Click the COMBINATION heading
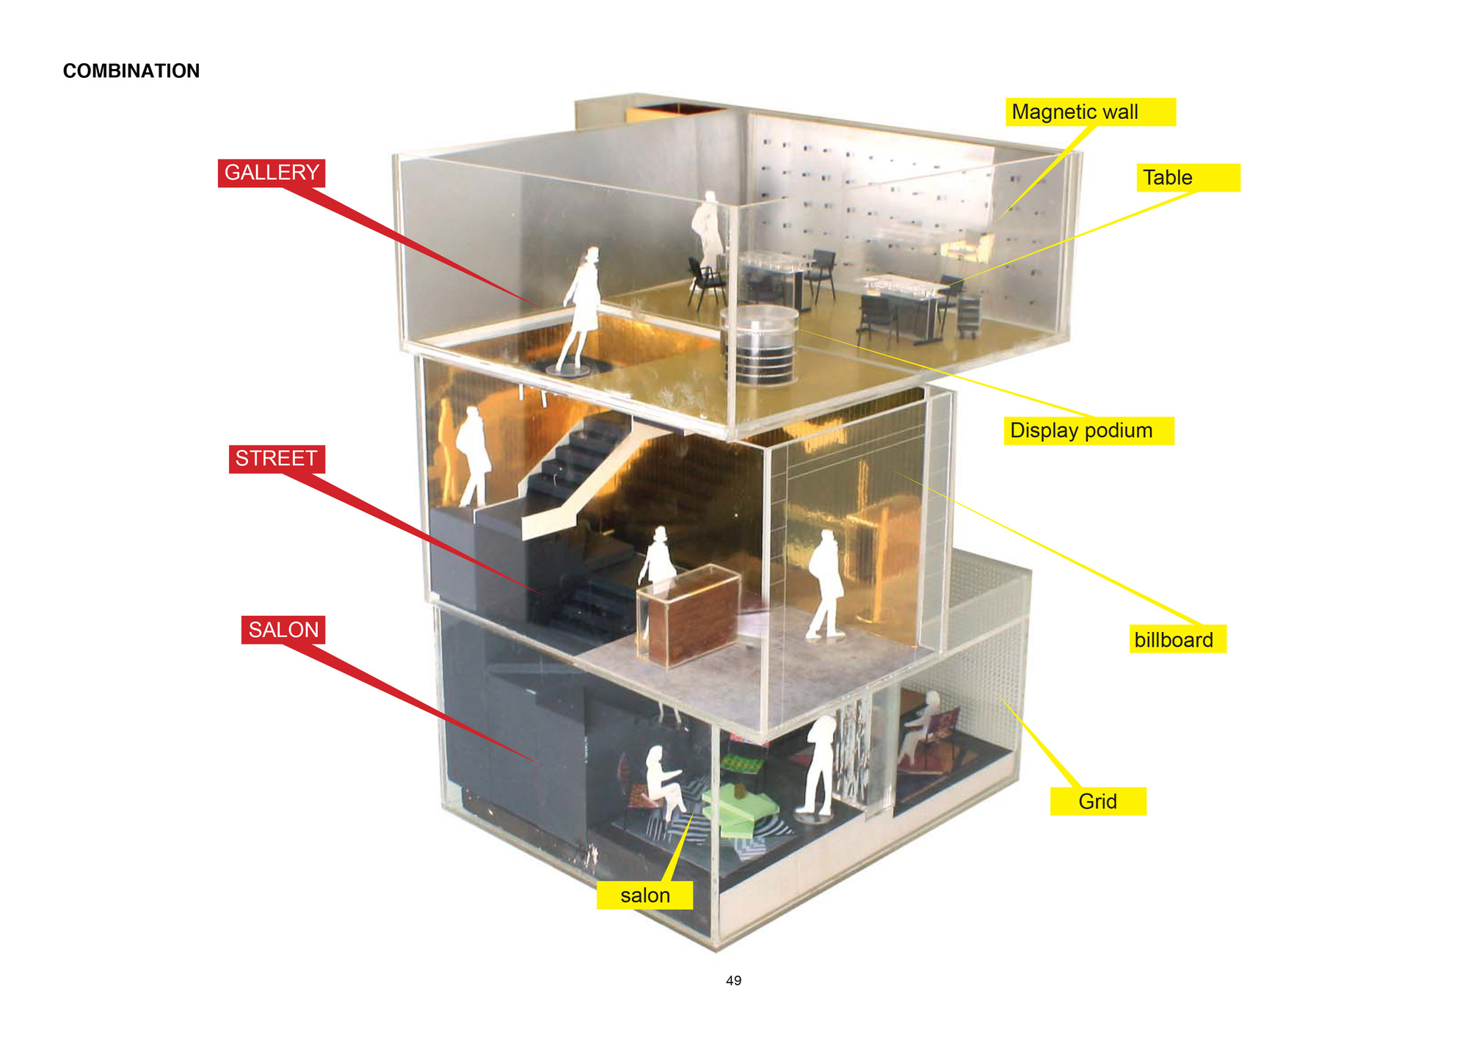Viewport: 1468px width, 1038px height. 131,70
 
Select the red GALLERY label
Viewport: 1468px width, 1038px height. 272,173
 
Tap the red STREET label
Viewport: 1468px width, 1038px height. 277,459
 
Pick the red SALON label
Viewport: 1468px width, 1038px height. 283,630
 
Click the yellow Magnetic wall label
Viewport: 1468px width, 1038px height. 1091,112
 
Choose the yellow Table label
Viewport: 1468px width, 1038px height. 1188,178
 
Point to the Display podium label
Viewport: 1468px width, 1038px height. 1089,431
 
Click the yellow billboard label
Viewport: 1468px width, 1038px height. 1177,639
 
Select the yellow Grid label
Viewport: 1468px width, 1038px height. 1098,802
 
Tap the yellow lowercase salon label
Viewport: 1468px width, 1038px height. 644,896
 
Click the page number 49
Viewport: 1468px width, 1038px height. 733,981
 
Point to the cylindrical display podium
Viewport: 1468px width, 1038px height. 760,346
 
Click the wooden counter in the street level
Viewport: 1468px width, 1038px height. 688,615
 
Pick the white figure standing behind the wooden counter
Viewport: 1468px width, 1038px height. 658,558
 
